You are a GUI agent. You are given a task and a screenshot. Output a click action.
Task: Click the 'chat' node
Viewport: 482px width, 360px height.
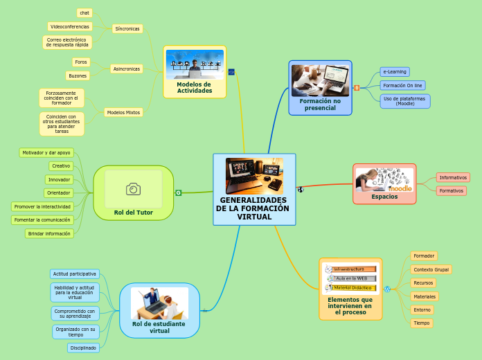[84, 12]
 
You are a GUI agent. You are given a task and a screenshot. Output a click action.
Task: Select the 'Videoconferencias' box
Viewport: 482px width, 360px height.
[70, 26]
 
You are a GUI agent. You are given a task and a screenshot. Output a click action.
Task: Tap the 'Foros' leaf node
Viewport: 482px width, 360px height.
[81, 62]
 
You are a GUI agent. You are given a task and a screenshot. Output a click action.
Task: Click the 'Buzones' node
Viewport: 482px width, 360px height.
[78, 75]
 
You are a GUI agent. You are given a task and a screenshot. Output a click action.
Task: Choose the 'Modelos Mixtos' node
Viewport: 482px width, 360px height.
[123, 112]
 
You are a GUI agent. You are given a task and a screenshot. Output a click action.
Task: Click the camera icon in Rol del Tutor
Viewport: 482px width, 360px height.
[133, 189]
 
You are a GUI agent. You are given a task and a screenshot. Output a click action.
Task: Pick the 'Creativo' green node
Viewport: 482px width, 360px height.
[61, 166]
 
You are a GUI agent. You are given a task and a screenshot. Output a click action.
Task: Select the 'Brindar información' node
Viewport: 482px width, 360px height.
[49, 233]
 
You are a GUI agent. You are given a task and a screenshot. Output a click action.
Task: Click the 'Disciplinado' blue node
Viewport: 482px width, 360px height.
[83, 348]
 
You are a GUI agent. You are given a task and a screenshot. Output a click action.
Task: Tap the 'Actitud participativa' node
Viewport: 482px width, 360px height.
[75, 274]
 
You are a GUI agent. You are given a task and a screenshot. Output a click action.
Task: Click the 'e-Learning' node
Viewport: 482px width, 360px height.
[395, 71]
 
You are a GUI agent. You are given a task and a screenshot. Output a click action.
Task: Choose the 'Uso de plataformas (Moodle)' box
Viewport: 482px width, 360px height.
[405, 101]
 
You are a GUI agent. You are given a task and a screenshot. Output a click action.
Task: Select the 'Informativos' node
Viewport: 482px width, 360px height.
[453, 177]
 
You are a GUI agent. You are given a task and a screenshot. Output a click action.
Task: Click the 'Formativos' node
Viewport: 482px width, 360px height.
[452, 190]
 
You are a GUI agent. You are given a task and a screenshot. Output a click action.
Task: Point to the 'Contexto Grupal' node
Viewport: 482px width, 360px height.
[431, 269]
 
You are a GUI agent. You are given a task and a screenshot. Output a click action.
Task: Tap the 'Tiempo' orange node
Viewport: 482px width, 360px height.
[421, 323]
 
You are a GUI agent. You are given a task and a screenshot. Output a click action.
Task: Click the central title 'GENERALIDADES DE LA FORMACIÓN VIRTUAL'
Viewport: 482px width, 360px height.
[254, 208]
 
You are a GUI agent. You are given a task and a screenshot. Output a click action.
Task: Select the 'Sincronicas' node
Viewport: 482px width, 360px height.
[127, 29]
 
